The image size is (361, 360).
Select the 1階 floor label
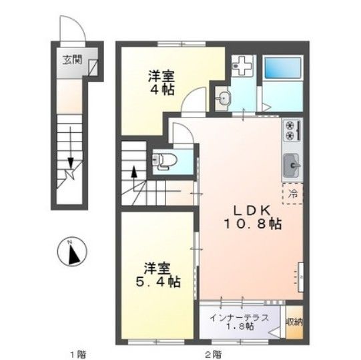pyautogui.click(x=77, y=352)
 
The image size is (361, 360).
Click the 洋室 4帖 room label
pyautogui.click(x=161, y=82)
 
